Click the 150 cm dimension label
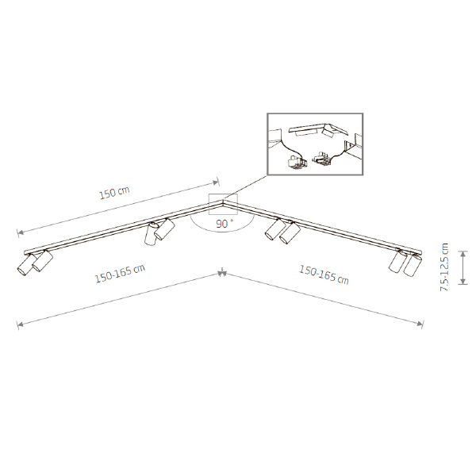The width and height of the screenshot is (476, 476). pyautogui.click(x=114, y=193)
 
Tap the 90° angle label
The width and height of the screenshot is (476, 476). pyautogui.click(x=225, y=224)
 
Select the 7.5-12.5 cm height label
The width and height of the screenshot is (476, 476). pyautogui.click(x=444, y=267)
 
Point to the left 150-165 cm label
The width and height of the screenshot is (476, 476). pyautogui.click(x=121, y=274)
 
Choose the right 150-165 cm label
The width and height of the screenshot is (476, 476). pyautogui.click(x=324, y=274)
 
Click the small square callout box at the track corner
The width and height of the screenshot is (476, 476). pyautogui.click(x=223, y=205)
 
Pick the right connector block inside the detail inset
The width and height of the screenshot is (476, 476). pyautogui.click(x=322, y=159)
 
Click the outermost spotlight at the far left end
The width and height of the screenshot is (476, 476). pyautogui.click(x=25, y=265)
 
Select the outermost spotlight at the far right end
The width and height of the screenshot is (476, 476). pyautogui.click(x=413, y=265)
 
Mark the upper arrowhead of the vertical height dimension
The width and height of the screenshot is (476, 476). pyautogui.click(x=463, y=253)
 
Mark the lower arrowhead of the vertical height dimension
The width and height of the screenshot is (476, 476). pyautogui.click(x=463, y=282)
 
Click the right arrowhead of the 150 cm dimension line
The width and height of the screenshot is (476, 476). pyautogui.click(x=216, y=182)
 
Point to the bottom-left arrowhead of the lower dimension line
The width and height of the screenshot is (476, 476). pyautogui.click(x=20, y=325)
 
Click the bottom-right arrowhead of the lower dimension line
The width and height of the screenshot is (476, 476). pyautogui.click(x=420, y=324)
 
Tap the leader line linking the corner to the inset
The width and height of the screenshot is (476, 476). pyautogui.click(x=245, y=187)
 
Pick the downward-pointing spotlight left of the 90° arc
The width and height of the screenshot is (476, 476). pyautogui.click(x=151, y=234)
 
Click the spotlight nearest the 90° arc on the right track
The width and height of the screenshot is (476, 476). pyautogui.click(x=275, y=229)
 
